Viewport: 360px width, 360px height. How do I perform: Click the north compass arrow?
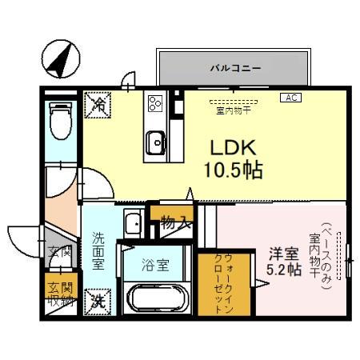point(58,57)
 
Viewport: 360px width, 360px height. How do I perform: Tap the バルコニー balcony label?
point(235,69)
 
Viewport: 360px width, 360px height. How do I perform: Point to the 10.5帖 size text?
point(233,170)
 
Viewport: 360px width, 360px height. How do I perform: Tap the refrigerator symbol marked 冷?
point(98,103)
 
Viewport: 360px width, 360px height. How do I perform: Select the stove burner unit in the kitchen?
point(154,103)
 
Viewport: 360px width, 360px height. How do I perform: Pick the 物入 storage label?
point(174,222)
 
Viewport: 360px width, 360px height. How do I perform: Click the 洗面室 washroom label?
point(98,250)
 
